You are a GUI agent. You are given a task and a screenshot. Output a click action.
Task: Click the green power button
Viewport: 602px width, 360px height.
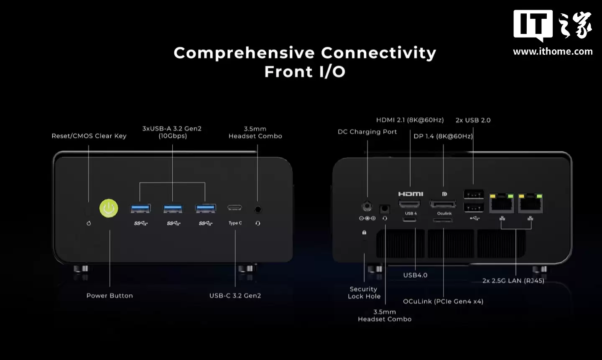click(109, 208)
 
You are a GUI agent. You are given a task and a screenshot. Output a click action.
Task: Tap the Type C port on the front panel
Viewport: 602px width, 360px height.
click(235, 208)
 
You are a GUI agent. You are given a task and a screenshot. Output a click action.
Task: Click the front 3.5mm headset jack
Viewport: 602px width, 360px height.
click(258, 209)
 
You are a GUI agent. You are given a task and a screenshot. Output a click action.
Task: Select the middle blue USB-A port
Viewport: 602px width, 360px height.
click(173, 208)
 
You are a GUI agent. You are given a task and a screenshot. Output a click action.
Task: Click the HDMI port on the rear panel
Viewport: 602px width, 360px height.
click(410, 204)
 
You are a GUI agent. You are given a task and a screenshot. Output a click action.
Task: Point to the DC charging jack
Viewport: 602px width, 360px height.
click(367, 206)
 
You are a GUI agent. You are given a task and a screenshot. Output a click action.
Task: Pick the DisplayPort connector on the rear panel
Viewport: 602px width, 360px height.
click(443, 204)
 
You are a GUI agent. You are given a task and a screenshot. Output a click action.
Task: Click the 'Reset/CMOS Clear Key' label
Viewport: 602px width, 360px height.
click(89, 136)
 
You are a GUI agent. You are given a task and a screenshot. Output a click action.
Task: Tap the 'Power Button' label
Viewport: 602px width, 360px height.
click(110, 296)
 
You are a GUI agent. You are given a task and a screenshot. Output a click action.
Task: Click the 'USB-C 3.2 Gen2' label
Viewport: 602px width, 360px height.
click(235, 296)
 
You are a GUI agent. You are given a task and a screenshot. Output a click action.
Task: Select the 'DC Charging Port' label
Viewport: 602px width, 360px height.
click(367, 132)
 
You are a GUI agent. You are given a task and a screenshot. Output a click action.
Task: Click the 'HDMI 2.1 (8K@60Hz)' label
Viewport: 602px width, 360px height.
click(410, 120)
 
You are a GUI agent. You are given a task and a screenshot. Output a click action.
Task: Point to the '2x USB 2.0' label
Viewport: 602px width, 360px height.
click(473, 120)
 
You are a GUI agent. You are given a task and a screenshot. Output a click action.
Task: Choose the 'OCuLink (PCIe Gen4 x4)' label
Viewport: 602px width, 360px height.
click(443, 301)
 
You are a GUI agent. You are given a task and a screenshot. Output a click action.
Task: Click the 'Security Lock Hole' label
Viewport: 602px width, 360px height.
click(364, 293)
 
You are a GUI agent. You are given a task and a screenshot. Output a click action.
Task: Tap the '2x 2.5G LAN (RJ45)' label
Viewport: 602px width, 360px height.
click(513, 281)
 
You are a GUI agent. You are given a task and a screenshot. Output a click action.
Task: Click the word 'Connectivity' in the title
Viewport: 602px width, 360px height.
click(379, 53)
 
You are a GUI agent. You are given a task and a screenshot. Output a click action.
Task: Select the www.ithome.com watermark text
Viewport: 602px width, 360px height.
click(553, 51)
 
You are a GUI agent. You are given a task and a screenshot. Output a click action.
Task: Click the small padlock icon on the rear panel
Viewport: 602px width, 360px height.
click(364, 232)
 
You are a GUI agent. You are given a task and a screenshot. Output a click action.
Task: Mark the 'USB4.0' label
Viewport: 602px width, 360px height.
click(415, 275)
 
